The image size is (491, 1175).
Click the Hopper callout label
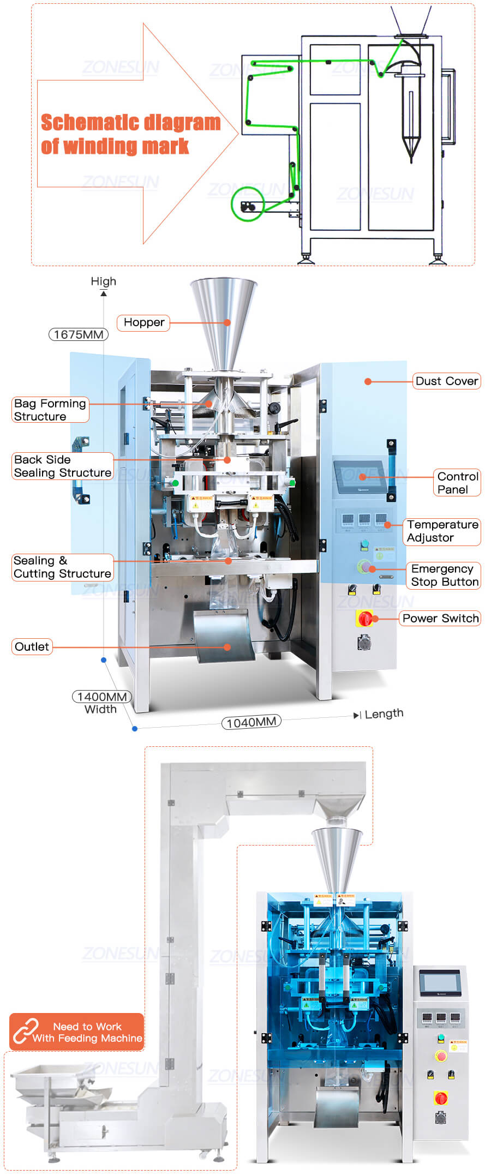(143, 322)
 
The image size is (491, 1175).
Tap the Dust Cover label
(446, 381)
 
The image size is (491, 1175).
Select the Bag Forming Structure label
(50, 410)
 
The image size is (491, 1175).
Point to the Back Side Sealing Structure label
(63, 466)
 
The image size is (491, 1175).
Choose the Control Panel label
(457, 483)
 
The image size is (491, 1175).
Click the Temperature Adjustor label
(442, 531)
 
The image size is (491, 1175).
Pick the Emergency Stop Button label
(444, 575)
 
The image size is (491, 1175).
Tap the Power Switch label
(440, 618)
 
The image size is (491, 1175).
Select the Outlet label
(32, 646)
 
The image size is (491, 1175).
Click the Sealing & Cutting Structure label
(63, 567)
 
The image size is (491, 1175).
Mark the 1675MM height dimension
(79, 334)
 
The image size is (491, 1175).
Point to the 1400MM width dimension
(102, 697)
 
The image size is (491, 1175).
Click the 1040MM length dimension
(251, 722)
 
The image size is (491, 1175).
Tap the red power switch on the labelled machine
(364, 618)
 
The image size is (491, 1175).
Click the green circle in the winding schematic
(248, 203)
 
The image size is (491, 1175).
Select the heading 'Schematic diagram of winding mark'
(130, 134)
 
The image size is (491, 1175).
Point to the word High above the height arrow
(103, 281)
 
